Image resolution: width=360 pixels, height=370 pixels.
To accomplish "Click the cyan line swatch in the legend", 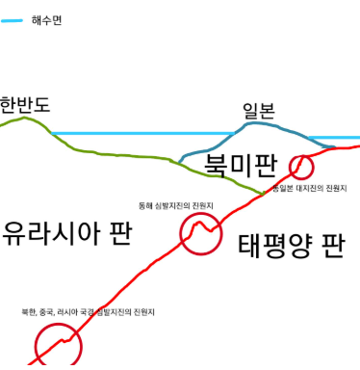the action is pyautogui.click(x=12, y=18).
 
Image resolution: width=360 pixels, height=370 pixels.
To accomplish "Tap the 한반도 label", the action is pyautogui.click(x=25, y=104).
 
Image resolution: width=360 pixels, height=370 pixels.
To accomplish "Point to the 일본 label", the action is pyautogui.click(x=259, y=111).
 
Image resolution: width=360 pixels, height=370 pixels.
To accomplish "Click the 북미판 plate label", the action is pyautogui.click(x=241, y=154).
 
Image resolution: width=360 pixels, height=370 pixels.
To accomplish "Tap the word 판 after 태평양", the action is pyautogui.click(x=332, y=242).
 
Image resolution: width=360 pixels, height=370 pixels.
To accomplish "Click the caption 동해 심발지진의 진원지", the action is pyautogui.click(x=175, y=205).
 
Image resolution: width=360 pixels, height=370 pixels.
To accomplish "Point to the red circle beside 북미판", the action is pyautogui.click(x=302, y=166).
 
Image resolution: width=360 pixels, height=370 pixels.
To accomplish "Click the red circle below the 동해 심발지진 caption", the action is pyautogui.click(x=201, y=232).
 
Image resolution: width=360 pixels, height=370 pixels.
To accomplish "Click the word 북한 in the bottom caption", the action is pyautogui.click(x=30, y=312).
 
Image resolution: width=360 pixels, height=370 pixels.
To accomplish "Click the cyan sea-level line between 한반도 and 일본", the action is pyautogui.click(x=144, y=133).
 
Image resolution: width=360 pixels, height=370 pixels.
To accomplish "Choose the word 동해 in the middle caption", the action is pyautogui.click(x=145, y=205).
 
